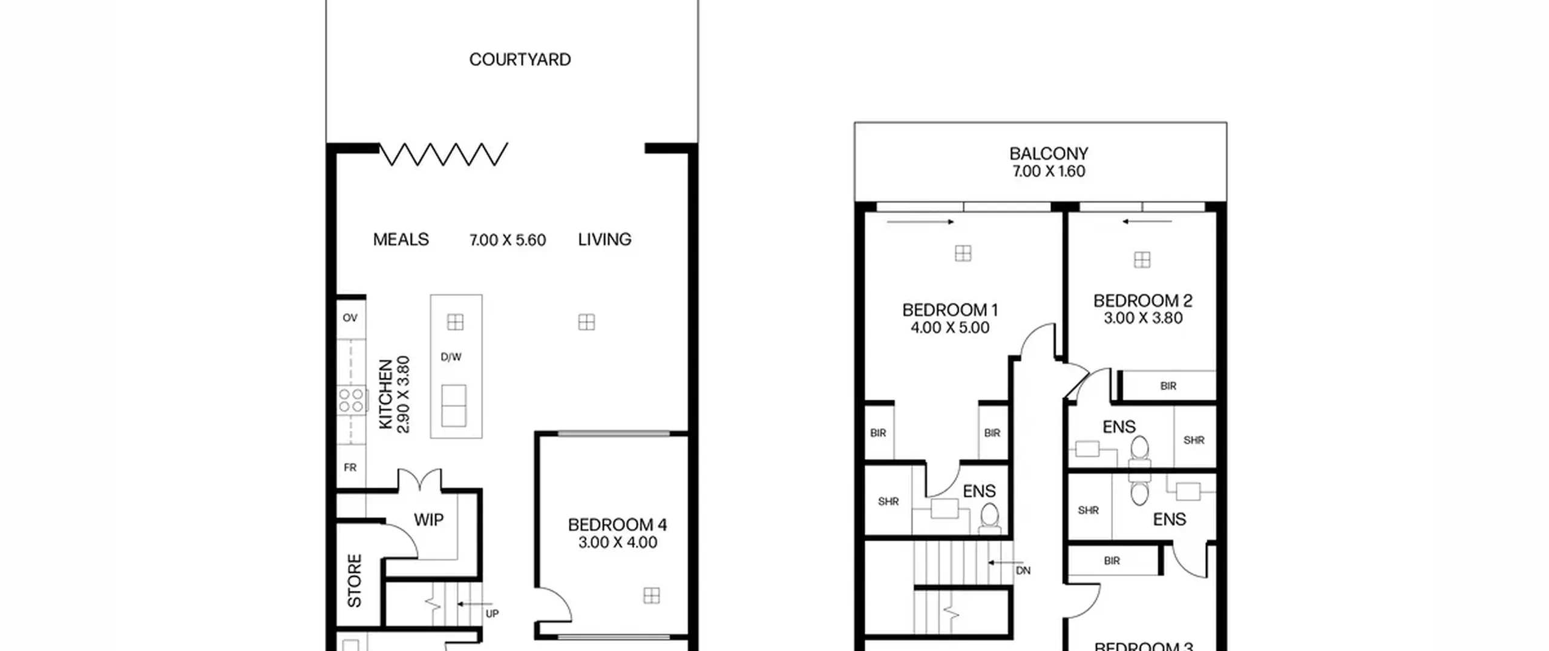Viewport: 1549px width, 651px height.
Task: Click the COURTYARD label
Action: tap(520, 59)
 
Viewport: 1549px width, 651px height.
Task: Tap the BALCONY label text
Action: tap(1049, 154)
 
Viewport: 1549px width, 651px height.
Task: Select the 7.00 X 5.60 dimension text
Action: tap(508, 240)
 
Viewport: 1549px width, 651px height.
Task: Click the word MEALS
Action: tap(401, 240)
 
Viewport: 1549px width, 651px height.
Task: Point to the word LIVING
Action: tap(604, 240)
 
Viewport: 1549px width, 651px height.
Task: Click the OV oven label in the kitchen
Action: tap(350, 318)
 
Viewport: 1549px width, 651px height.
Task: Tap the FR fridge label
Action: tap(350, 468)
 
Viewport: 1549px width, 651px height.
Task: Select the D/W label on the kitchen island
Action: tap(451, 357)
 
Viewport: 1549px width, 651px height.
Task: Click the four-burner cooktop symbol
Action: tap(351, 400)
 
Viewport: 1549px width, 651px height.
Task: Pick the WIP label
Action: tap(428, 520)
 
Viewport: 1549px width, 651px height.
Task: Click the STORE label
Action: tap(355, 580)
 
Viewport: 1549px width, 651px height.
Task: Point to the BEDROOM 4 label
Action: tap(617, 524)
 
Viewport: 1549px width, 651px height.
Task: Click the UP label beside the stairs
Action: tap(492, 613)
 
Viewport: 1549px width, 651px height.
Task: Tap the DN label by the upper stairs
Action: tap(1023, 570)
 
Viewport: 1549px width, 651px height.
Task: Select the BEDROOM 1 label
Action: tap(950, 310)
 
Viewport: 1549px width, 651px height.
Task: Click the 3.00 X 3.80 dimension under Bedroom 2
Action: tap(1143, 319)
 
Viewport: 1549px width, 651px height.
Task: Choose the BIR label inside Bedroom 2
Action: tap(1168, 386)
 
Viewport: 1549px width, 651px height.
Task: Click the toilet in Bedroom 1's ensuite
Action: tap(990, 518)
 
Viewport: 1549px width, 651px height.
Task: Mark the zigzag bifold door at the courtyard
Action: tap(444, 154)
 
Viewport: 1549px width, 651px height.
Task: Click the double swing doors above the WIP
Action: tap(419, 479)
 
